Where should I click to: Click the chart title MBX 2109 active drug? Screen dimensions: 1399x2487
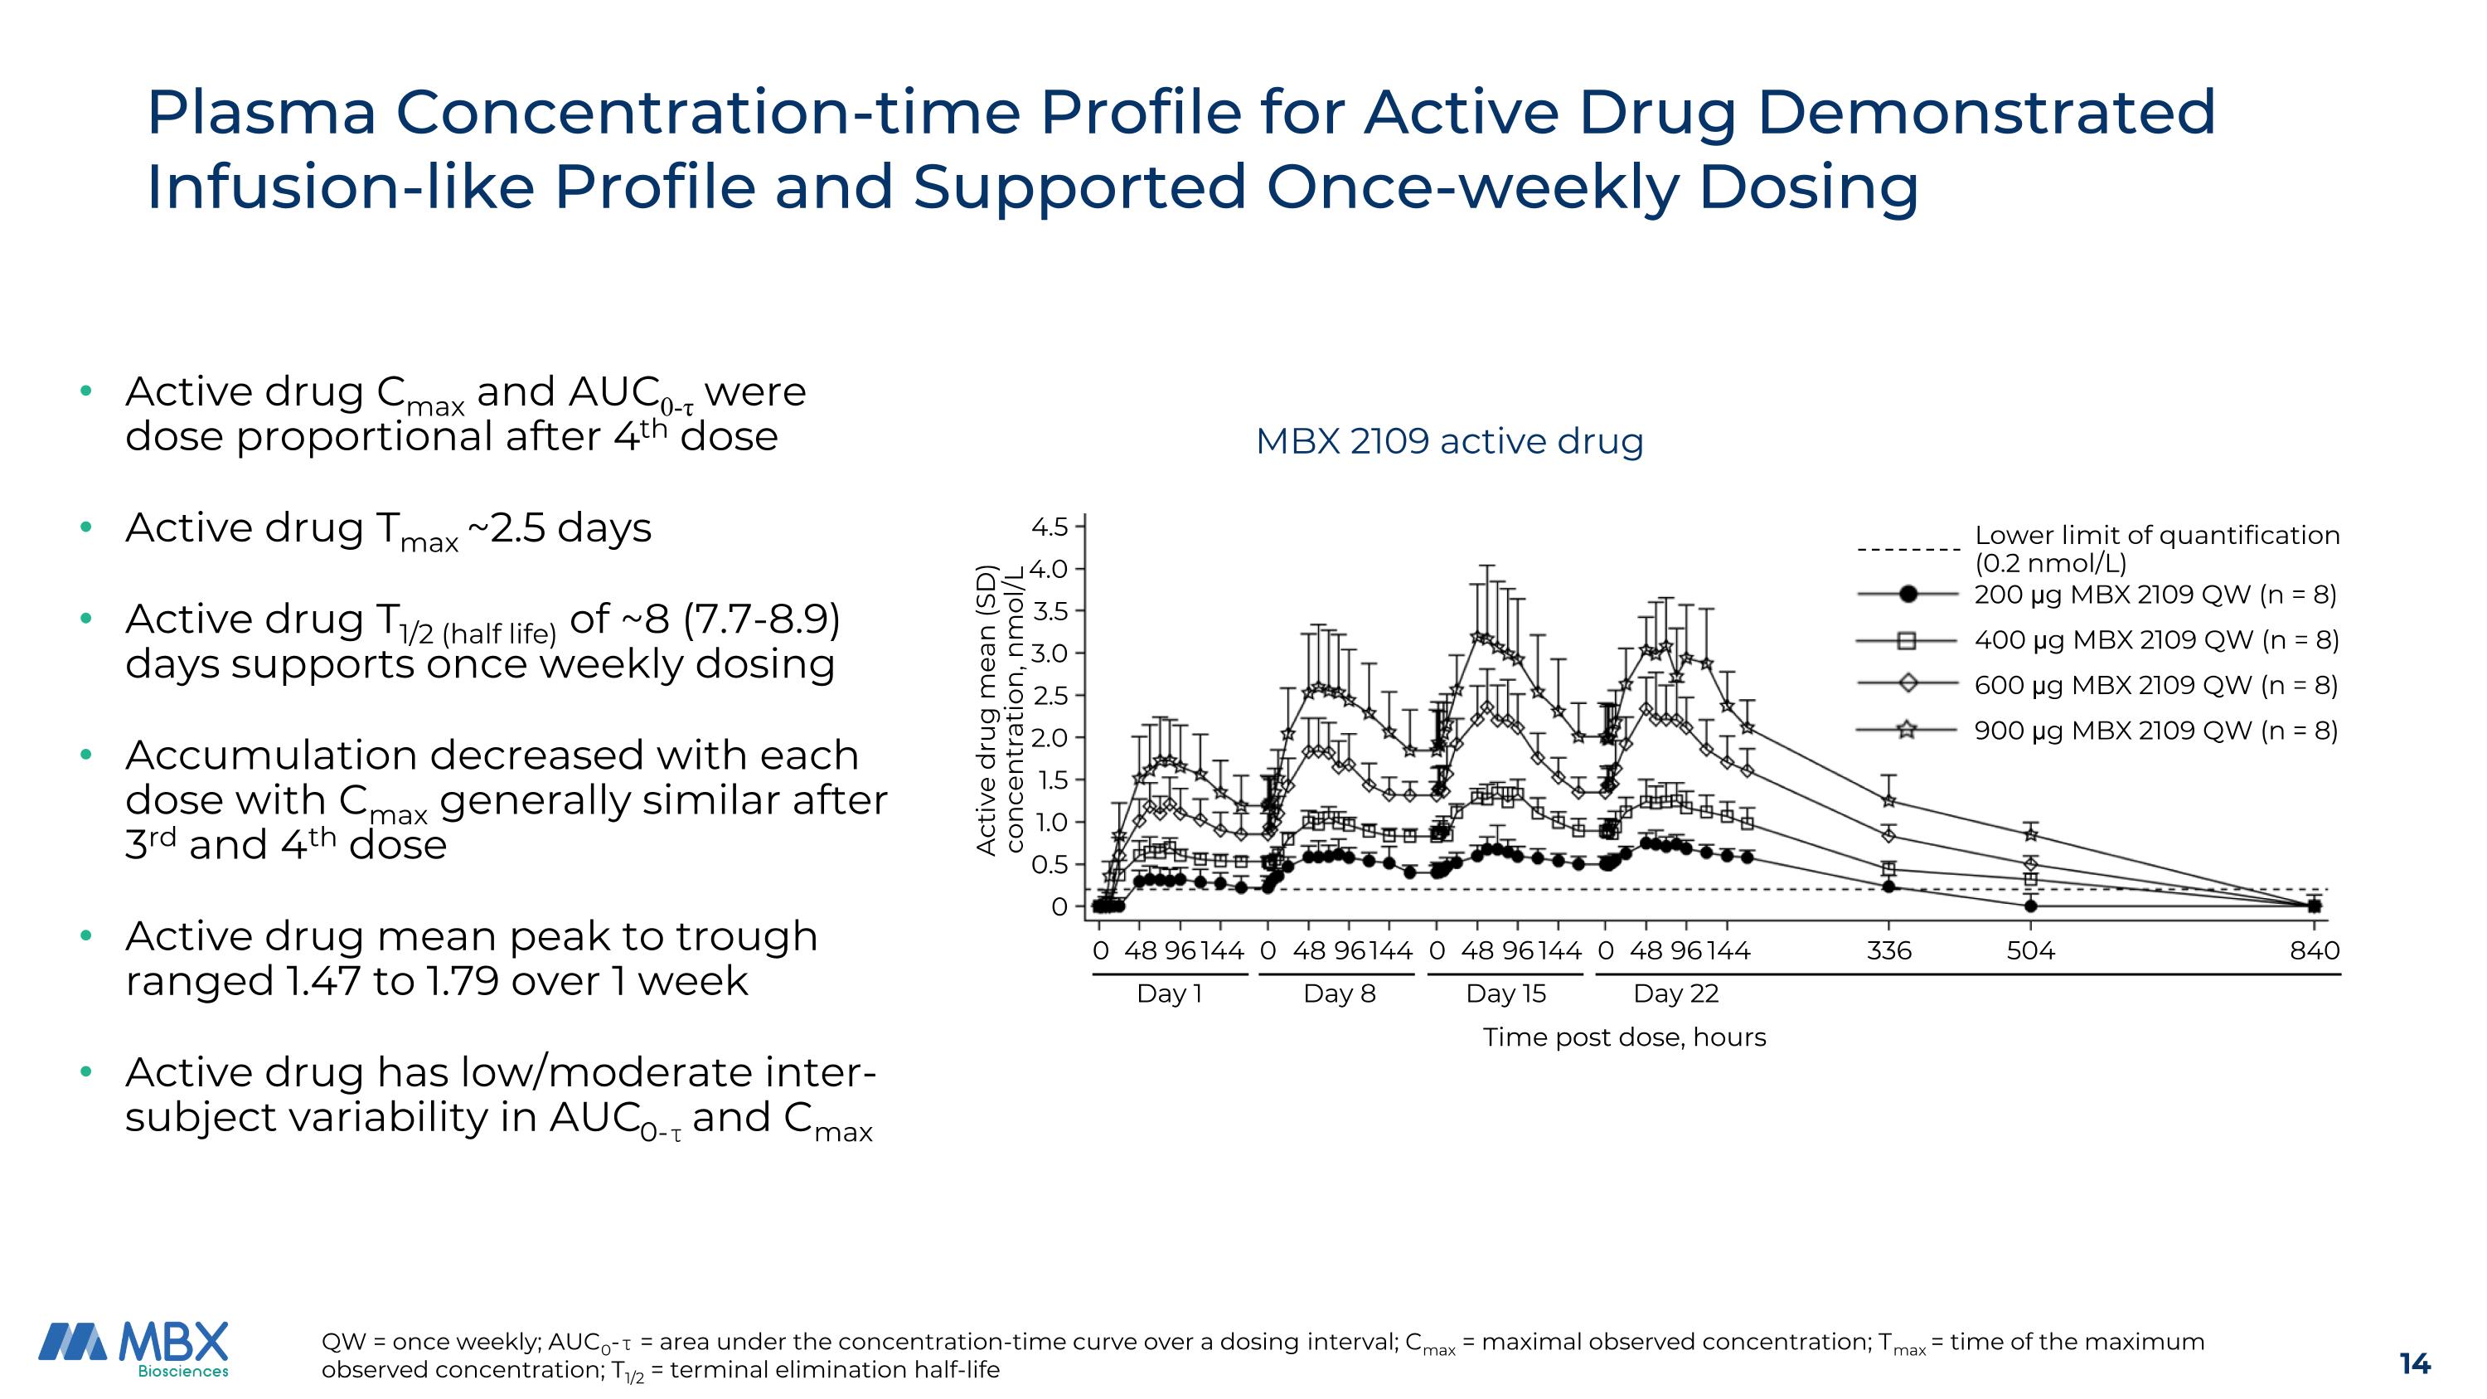pyautogui.click(x=1448, y=441)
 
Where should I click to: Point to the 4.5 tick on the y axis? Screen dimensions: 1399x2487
pyautogui.click(x=1050, y=527)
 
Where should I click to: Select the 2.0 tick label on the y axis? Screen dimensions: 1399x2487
pyautogui.click(x=1050, y=737)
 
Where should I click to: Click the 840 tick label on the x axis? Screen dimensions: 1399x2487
pyautogui.click(x=2315, y=951)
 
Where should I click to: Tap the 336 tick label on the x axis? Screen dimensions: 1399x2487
pyautogui.click(x=1888, y=951)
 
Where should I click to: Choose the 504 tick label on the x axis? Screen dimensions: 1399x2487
pyautogui.click(x=2030, y=951)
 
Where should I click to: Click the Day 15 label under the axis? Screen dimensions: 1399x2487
pyautogui.click(x=1505, y=993)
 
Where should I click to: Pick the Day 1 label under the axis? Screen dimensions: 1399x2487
pyautogui.click(x=1169, y=993)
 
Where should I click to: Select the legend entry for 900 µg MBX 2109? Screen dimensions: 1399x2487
pyautogui.click(x=2155, y=730)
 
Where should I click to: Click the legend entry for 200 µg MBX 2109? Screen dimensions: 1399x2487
pyautogui.click(x=2155, y=594)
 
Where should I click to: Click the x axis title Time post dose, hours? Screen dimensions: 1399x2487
pyautogui.click(x=1624, y=1037)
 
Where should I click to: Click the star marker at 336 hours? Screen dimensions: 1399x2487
pyautogui.click(x=1888, y=800)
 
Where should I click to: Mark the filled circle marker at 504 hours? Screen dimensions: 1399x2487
pyautogui.click(x=2030, y=906)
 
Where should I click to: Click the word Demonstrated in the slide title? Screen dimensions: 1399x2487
pyautogui.click(x=1985, y=112)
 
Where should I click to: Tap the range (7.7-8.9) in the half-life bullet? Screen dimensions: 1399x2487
pyautogui.click(x=762, y=619)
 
